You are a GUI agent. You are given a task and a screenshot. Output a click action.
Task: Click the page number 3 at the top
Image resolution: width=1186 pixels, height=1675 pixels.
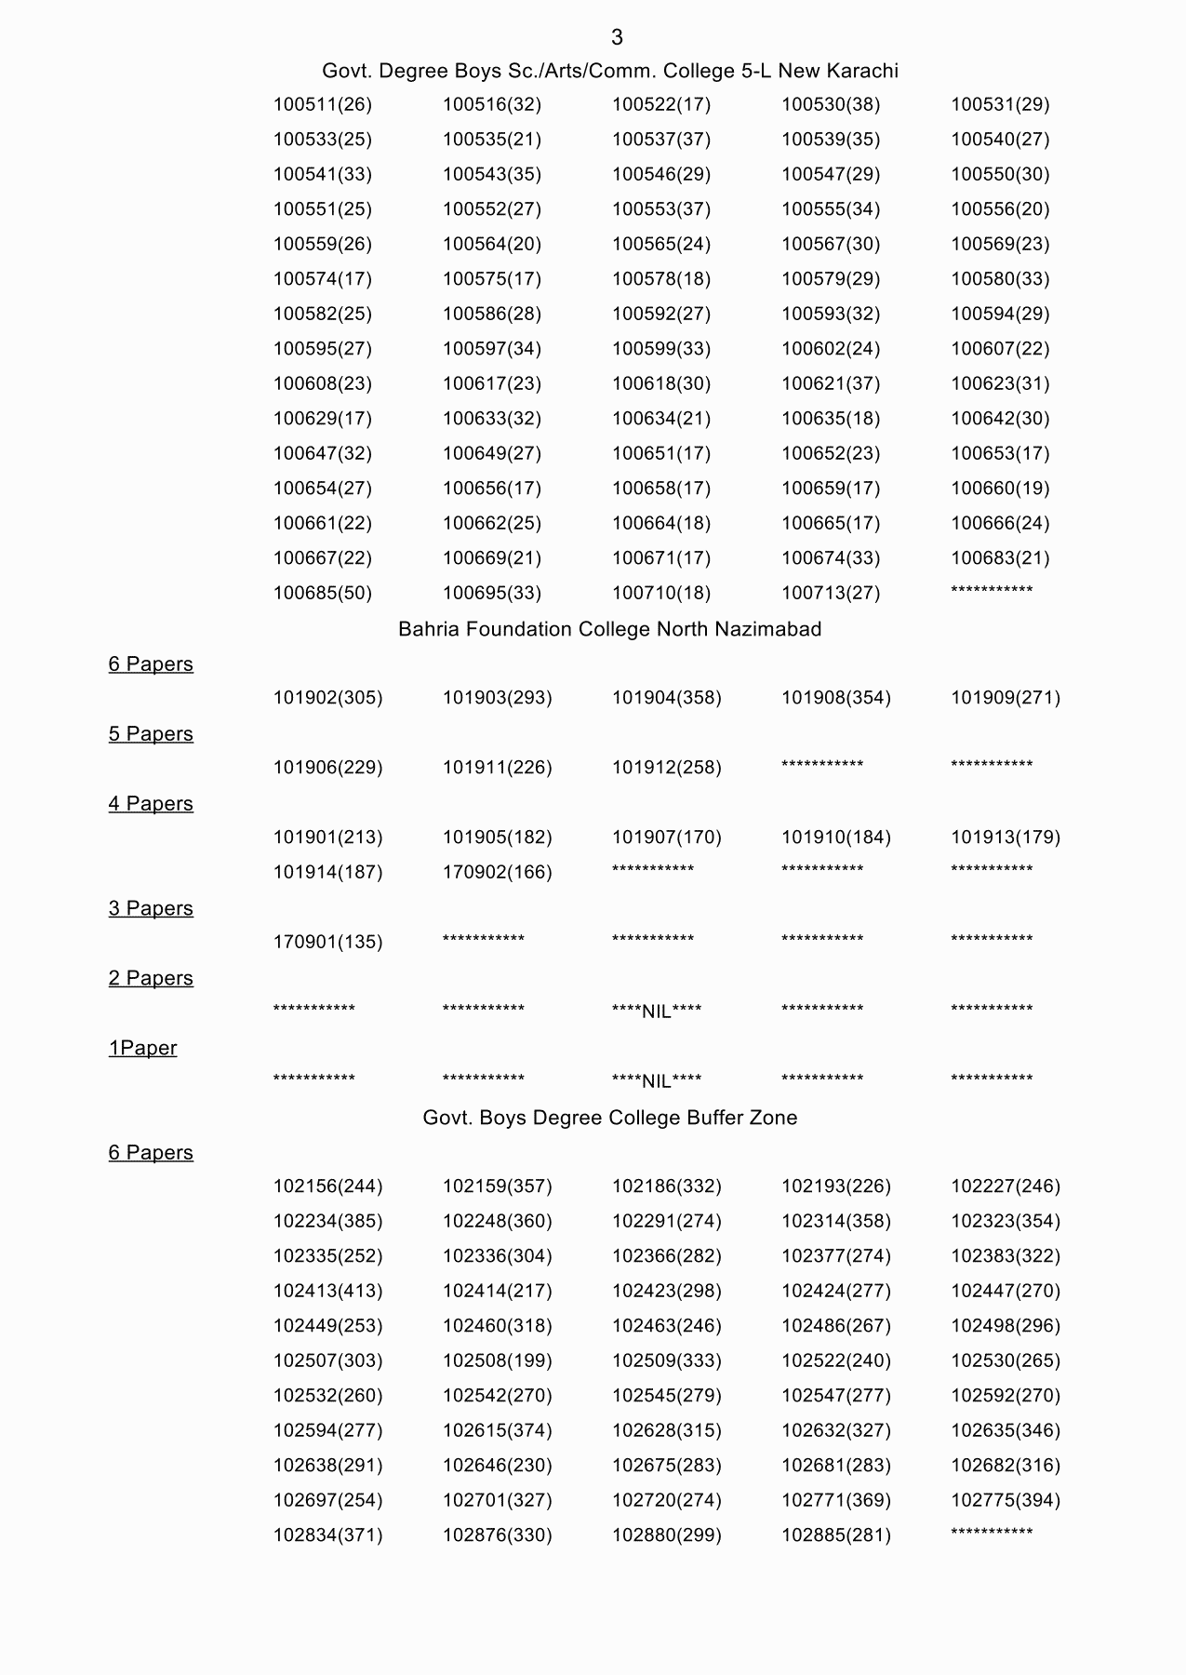pos(617,37)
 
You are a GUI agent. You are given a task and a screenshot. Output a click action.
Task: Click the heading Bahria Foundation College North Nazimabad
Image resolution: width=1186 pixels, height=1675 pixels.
pos(609,629)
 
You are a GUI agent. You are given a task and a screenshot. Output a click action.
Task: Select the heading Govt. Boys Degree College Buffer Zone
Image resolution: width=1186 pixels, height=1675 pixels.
pos(609,1118)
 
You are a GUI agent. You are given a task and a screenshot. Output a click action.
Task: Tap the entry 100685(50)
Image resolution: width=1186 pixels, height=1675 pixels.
pos(322,594)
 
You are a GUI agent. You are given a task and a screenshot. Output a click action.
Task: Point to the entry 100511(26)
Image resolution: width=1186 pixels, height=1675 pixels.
pos(322,105)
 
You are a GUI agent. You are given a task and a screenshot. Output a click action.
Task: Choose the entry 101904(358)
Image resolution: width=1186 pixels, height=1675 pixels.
pos(666,698)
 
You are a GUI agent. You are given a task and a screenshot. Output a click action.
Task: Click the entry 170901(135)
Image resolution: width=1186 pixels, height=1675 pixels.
pos(327,943)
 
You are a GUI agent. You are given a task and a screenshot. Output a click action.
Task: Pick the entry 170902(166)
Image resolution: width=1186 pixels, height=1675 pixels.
pos(497,873)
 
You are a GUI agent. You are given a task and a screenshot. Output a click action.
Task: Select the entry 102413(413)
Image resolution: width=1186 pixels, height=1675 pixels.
pos(327,1292)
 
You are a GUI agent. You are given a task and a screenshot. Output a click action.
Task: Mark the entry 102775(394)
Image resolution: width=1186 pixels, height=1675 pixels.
pos(1005,1501)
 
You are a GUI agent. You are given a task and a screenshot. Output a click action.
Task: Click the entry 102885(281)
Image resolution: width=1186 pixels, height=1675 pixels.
pos(835,1535)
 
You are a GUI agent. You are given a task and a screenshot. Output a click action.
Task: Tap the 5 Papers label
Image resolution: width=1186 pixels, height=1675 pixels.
pos(151,734)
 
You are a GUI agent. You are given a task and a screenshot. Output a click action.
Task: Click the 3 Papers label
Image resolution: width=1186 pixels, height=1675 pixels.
pos(151,908)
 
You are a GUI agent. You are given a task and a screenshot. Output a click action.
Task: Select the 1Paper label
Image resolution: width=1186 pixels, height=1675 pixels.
pos(142,1048)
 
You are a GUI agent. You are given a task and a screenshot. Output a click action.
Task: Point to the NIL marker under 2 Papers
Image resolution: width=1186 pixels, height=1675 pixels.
pos(657,1012)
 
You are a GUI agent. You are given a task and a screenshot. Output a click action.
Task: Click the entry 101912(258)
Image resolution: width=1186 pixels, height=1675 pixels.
pos(666,768)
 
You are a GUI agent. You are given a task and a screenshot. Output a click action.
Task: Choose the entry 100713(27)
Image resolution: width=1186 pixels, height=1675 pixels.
pos(830,594)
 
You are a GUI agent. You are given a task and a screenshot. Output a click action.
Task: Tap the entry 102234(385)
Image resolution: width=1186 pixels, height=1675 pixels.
pos(327,1222)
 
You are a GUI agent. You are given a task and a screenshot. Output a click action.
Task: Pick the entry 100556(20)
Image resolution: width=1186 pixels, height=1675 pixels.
pos(999,209)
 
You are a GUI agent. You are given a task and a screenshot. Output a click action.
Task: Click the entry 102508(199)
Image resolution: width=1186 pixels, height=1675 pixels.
pos(497,1361)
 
